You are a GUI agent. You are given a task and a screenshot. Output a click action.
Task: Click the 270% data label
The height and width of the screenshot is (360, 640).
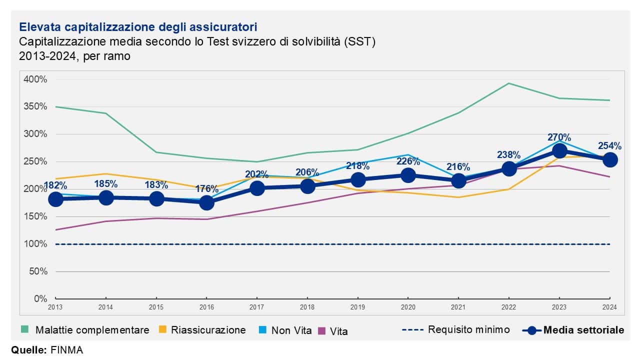tap(559, 137)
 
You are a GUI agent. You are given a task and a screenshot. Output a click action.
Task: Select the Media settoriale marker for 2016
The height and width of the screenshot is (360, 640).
tap(206, 202)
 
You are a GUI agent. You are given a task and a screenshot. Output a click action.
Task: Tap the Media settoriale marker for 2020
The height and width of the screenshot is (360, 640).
tap(408, 175)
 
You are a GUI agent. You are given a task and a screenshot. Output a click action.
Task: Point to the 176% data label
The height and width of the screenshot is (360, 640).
tap(206, 189)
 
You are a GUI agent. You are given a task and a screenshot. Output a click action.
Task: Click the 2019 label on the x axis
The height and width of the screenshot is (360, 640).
tap(358, 307)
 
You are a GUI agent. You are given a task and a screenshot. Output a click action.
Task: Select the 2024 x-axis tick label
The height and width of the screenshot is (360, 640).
tap(609, 307)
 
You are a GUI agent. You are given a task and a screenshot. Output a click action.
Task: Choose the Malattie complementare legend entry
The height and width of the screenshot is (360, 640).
tap(85, 330)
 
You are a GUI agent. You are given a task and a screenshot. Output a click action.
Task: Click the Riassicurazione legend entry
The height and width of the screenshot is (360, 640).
tap(202, 330)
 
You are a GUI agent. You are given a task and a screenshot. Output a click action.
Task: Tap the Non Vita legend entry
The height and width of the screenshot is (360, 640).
tap(285, 330)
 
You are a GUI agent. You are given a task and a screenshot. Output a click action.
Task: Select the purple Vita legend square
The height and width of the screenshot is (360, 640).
tap(321, 330)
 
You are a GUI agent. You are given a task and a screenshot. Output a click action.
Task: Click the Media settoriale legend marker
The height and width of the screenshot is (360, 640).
tap(532, 330)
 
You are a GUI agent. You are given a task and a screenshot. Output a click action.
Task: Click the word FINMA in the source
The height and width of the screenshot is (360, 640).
tap(67, 349)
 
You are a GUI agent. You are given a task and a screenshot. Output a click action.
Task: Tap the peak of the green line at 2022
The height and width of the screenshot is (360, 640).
tap(508, 83)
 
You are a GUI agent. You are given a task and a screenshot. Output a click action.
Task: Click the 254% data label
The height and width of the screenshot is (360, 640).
tap(609, 146)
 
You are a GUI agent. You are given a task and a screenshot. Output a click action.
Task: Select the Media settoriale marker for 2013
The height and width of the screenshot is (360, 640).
tap(55, 199)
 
